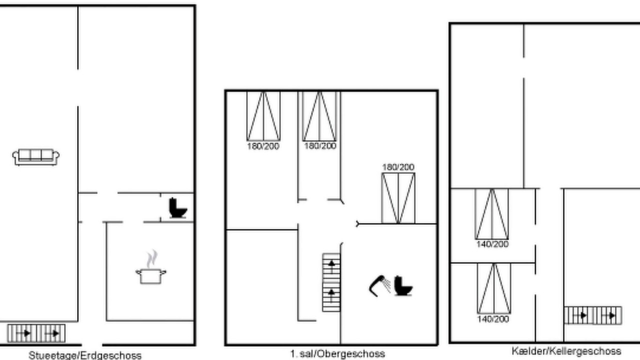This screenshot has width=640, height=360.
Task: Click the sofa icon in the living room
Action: (35, 157)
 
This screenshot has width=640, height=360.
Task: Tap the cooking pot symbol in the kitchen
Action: (151, 276)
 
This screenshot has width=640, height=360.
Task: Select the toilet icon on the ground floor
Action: (177, 208)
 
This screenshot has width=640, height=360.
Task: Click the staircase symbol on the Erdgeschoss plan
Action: (36, 333)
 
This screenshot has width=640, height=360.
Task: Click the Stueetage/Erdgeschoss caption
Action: (85, 355)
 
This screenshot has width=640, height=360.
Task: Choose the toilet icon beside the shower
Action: (403, 285)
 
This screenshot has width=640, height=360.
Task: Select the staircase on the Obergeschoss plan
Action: (331, 282)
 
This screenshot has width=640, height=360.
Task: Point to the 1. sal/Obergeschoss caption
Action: (337, 354)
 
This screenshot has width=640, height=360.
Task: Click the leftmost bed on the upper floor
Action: (263, 116)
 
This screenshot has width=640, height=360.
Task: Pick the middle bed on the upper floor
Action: (319, 116)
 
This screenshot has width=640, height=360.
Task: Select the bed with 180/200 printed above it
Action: (398, 198)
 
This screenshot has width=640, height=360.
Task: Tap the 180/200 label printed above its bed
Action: (398, 167)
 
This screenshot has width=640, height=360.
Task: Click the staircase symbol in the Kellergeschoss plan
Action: (593, 315)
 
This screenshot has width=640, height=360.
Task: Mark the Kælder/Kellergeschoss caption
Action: (566, 351)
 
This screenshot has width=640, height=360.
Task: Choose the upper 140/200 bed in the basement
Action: (491, 214)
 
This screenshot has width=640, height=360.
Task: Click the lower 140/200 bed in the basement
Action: (494, 288)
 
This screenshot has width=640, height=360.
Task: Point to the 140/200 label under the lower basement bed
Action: (493, 319)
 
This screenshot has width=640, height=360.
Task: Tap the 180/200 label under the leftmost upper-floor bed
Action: (263, 146)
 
